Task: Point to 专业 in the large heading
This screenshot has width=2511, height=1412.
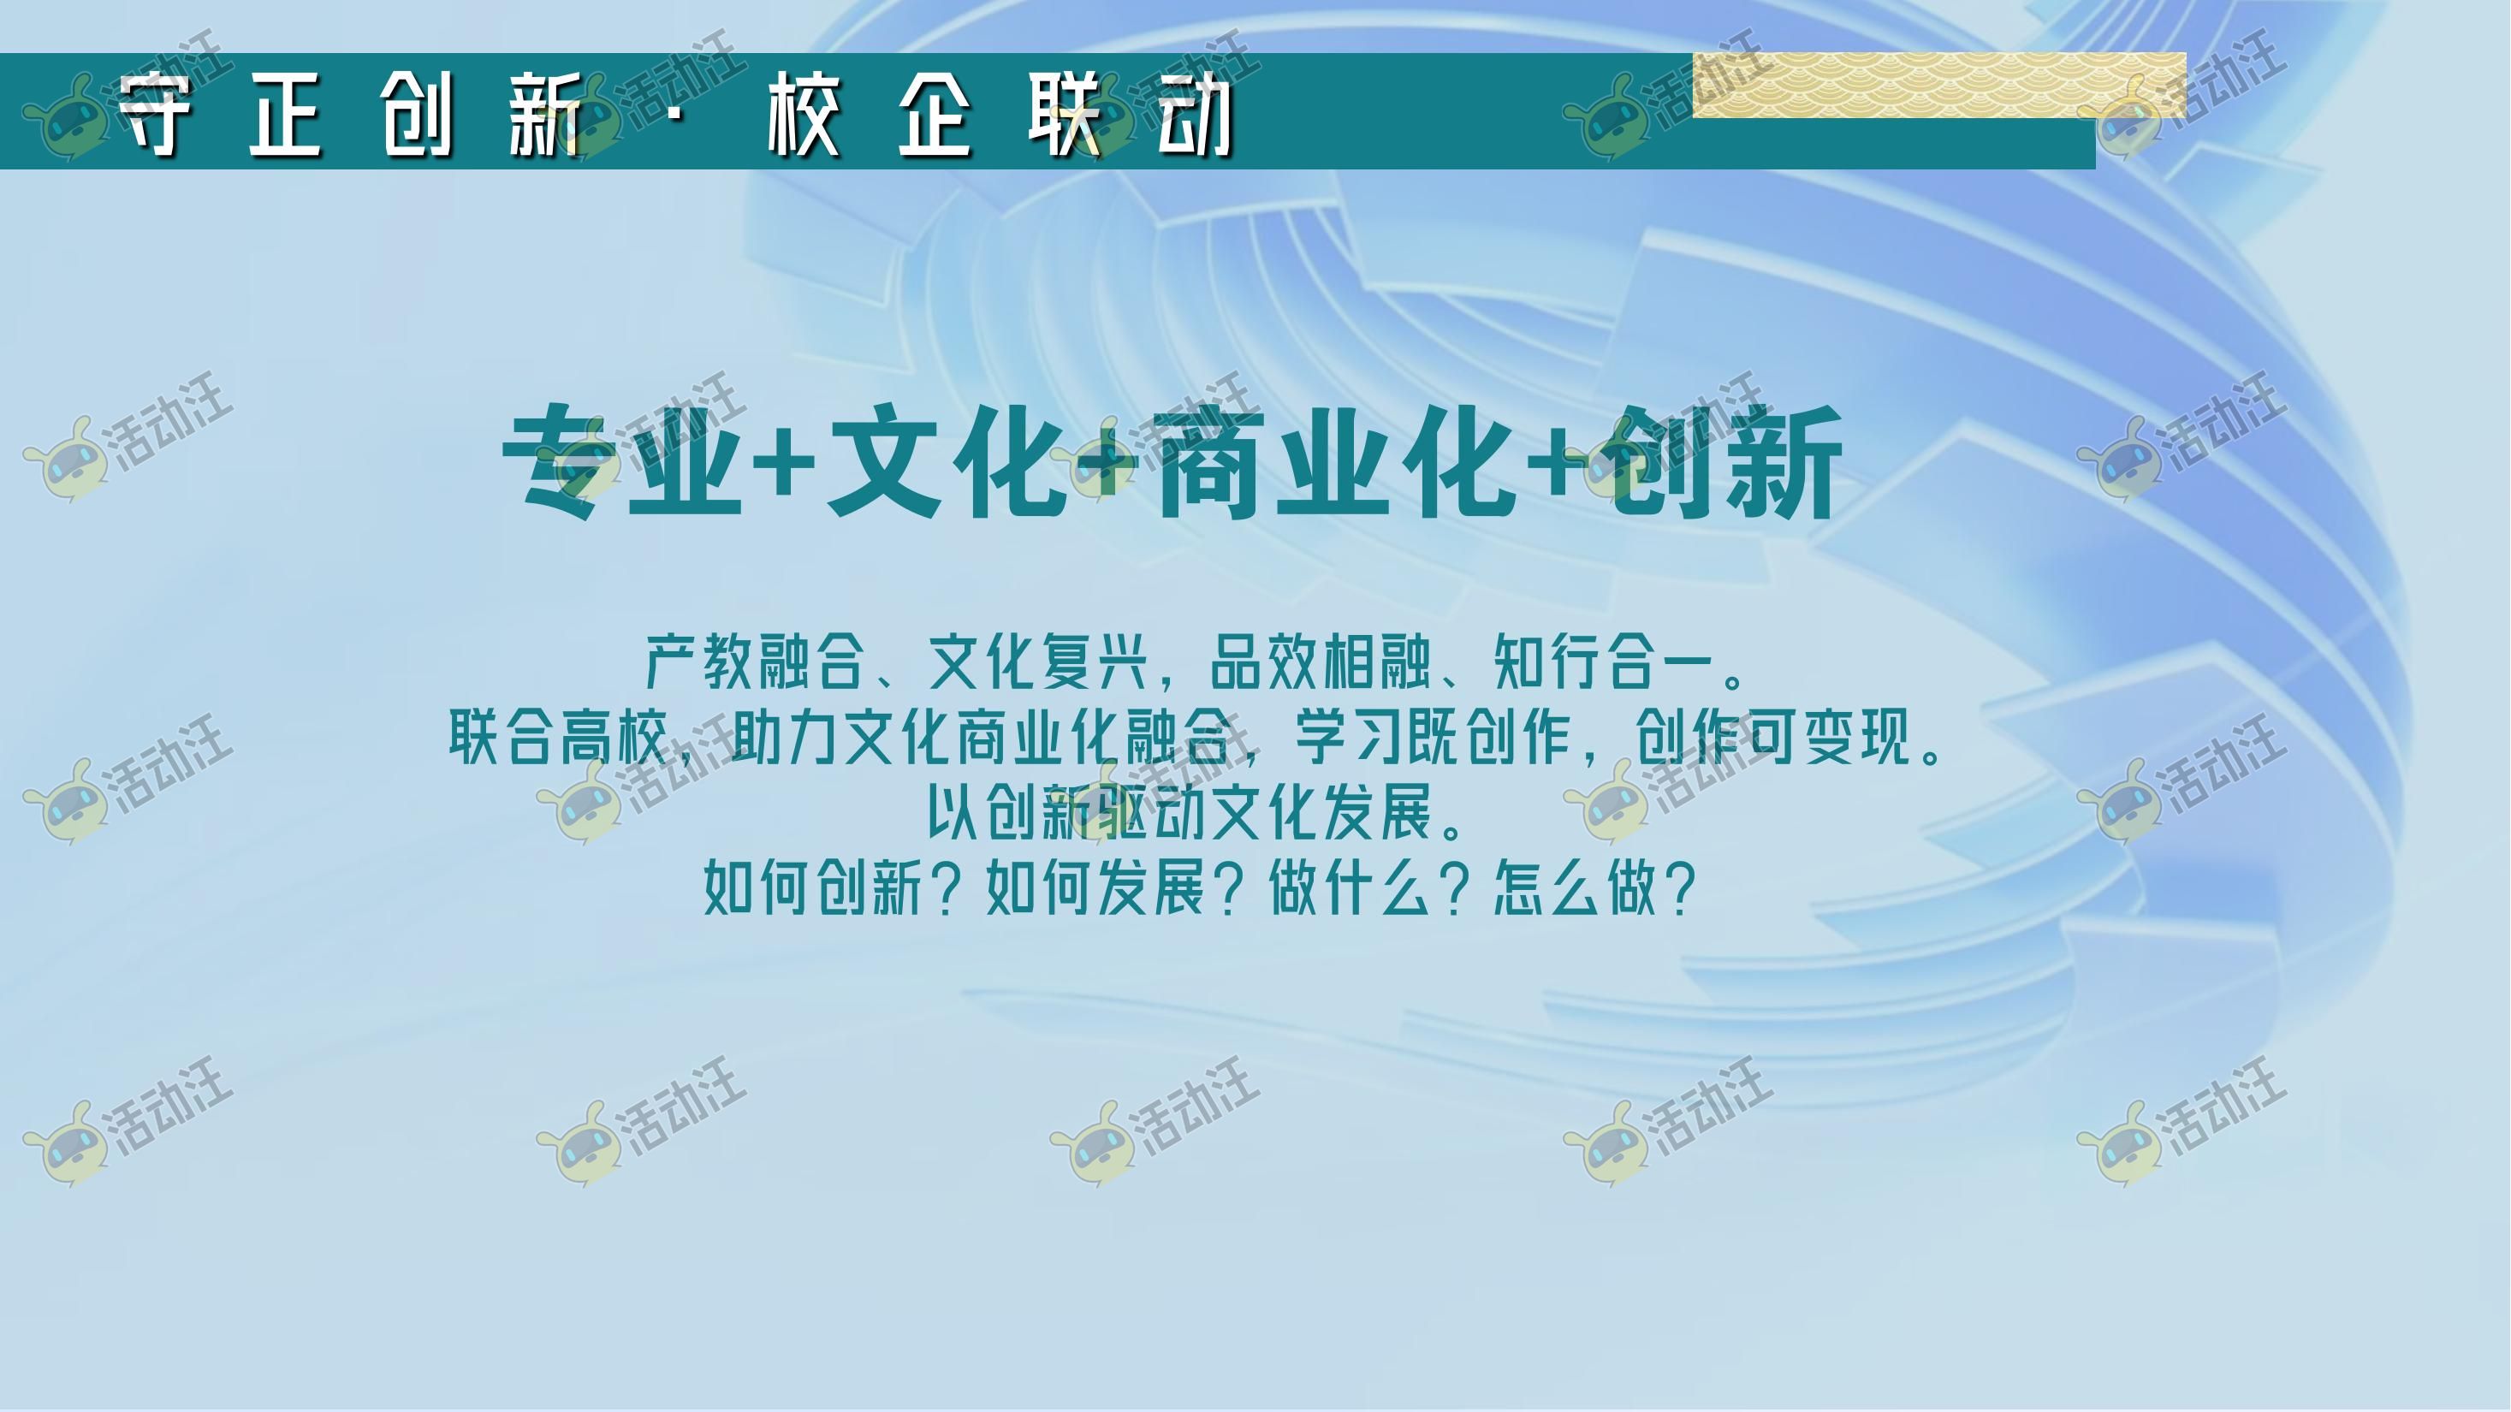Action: [624, 462]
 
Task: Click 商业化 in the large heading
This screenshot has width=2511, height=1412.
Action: [1335, 462]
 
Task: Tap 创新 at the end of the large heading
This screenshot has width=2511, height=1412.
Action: [1725, 462]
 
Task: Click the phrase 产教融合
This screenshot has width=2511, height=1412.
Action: [756, 662]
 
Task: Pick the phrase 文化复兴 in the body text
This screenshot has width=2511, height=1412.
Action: [1037, 662]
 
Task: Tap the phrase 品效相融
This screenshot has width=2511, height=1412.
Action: [1321, 662]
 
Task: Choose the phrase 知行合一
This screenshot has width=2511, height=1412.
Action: [1604, 662]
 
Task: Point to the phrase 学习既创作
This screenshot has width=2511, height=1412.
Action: [1432, 738]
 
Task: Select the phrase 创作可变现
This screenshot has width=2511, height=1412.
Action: [1773, 738]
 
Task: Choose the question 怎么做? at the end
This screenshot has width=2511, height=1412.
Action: [1593, 890]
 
